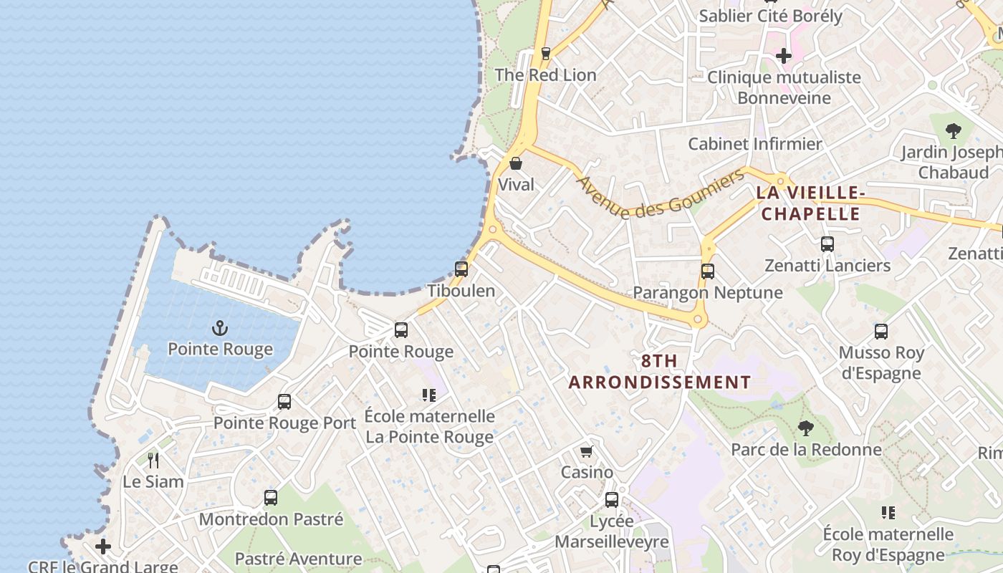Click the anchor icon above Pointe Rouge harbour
coord(220,329)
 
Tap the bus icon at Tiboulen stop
coord(461,270)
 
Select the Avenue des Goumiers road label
coord(661,195)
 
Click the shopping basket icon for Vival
coord(516,163)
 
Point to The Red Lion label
coord(545,74)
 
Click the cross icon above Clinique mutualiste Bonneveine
coord(784,55)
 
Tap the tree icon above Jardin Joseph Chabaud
coord(953,131)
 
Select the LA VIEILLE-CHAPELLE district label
coord(810,203)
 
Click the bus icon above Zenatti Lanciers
coord(827,244)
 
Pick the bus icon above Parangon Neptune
coord(708,271)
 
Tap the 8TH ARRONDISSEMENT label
coord(660,372)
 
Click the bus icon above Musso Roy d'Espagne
coord(881,332)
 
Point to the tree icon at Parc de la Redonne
coord(806,428)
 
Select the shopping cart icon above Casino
coord(587,451)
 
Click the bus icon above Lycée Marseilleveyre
coord(612,500)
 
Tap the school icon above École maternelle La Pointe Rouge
coord(429,395)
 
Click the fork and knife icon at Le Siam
coord(153,460)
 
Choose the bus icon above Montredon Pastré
coord(271,498)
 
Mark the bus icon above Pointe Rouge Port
coord(284,402)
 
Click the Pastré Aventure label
coord(298,559)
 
